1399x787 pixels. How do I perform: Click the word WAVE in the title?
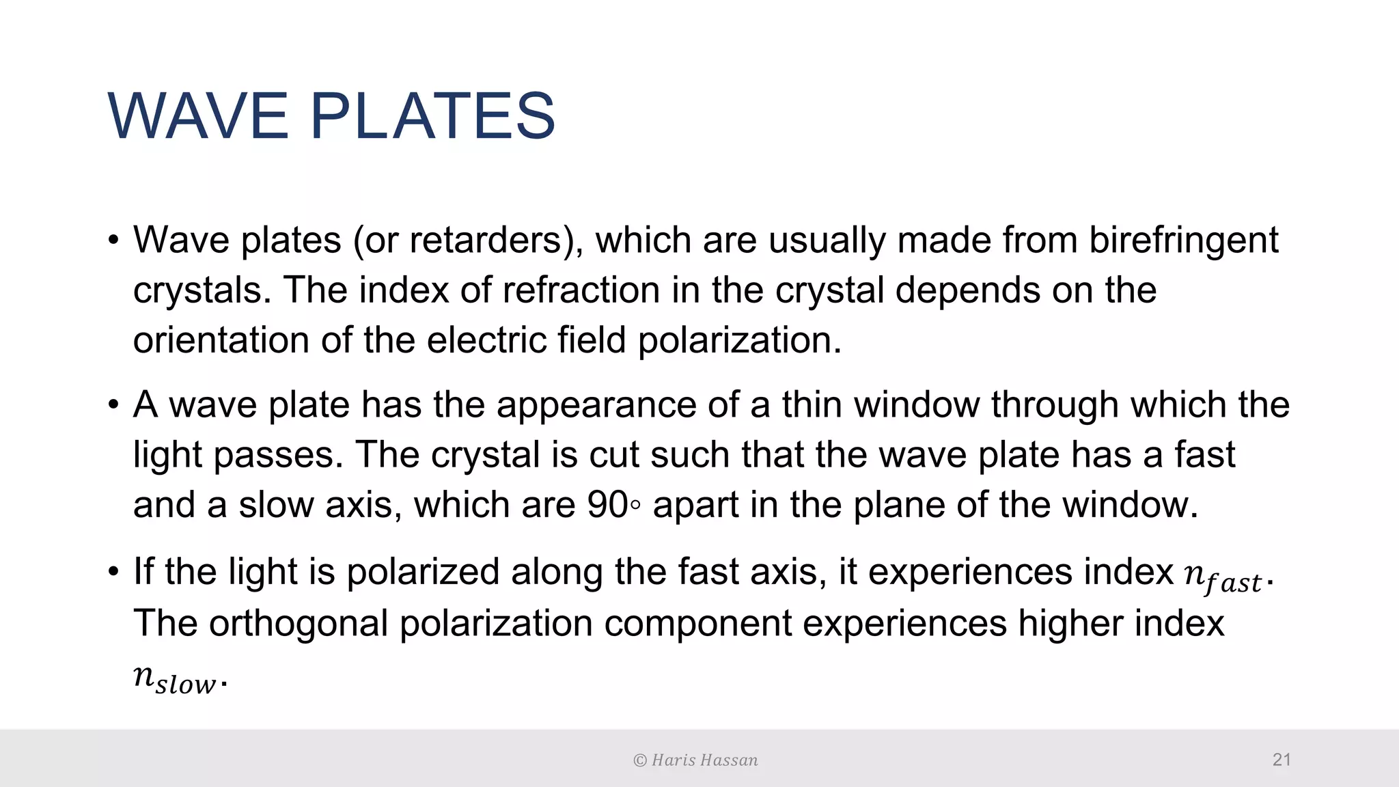198,116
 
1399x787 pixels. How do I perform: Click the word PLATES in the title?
433,116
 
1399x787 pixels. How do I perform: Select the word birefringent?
1183,240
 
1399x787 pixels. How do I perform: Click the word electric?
486,340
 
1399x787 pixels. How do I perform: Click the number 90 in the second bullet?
607,505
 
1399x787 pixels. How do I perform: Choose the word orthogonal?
299,623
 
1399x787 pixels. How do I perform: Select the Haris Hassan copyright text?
695,760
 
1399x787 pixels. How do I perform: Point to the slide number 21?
1282,759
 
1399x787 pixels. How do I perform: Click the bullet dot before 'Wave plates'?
113,241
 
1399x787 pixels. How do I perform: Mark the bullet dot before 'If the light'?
113,572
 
